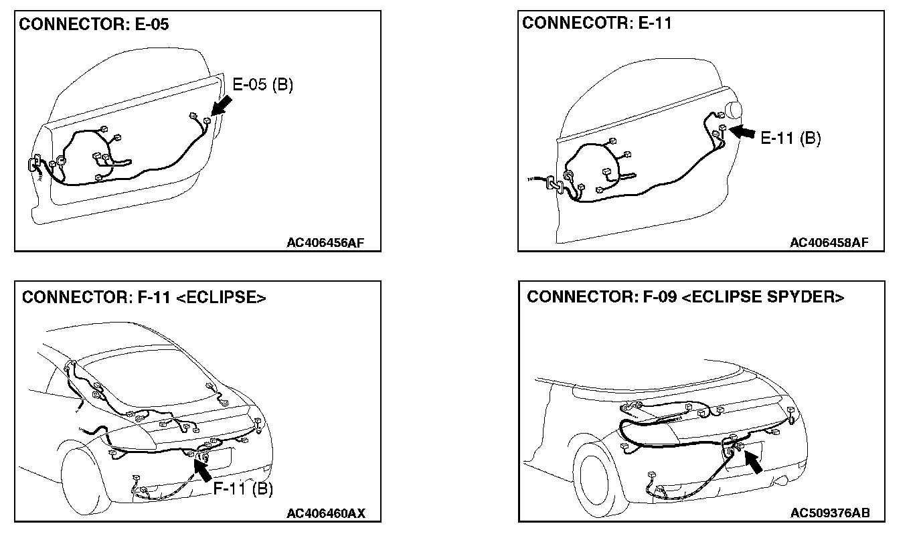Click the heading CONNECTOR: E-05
tap(94, 25)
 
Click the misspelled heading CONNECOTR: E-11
tap(596, 23)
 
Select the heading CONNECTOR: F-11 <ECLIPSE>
tap(144, 297)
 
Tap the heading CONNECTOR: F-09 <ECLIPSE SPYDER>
tap(685, 296)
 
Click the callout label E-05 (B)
tap(262, 86)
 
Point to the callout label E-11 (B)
tap(790, 138)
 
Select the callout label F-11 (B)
tap(243, 489)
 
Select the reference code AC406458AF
tap(828, 242)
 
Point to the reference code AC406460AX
tap(325, 513)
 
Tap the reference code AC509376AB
tap(829, 513)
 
